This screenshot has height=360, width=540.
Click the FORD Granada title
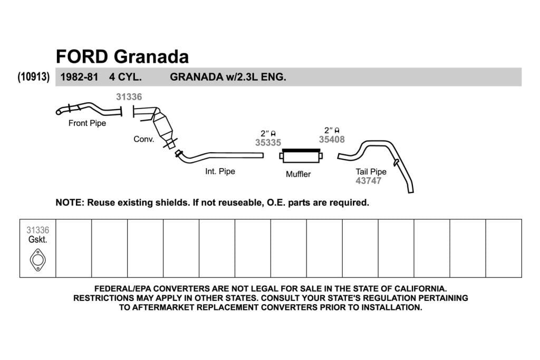122,57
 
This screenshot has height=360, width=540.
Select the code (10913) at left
33,76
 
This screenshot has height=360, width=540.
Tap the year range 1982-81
79,77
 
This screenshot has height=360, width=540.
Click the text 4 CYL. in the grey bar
126,77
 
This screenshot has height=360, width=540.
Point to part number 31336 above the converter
129,96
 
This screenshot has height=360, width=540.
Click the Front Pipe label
87,123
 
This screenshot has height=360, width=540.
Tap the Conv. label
144,139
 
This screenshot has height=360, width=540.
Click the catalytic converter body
162,125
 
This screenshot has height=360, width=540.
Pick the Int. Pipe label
220,171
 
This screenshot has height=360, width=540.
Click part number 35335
268,142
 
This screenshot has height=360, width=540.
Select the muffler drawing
301,155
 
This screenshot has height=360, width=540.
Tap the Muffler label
298,174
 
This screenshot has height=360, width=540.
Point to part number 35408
332,139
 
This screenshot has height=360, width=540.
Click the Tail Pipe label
371,171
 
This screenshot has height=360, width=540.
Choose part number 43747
369,181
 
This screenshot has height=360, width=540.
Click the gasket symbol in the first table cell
37,260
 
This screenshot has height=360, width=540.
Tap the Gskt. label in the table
37,239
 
